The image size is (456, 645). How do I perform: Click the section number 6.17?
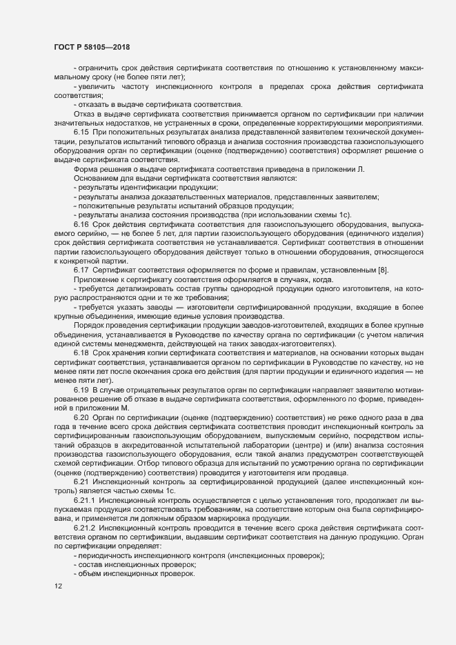(82, 268)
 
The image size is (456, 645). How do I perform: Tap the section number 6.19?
(82, 391)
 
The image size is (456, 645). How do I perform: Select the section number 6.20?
(82, 418)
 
